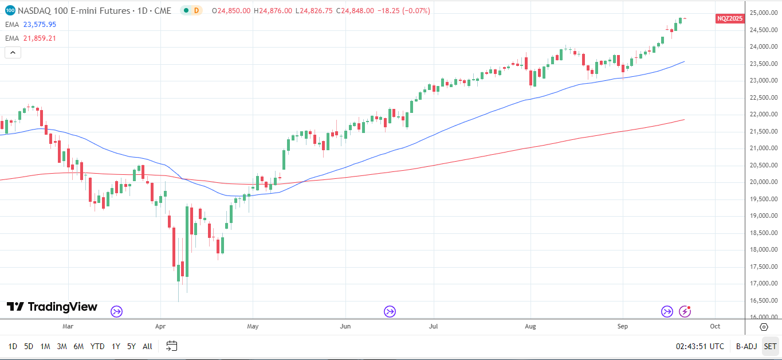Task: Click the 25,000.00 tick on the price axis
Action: (762, 13)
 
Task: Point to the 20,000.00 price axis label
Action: (762, 182)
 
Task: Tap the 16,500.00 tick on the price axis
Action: (762, 300)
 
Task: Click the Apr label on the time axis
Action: (160, 326)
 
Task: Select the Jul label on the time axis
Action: (433, 326)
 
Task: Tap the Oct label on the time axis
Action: (715, 326)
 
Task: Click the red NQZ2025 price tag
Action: (730, 18)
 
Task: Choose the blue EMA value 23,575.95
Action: (40, 25)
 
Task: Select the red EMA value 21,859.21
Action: (40, 38)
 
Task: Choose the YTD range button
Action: (97, 346)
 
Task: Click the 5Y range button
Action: (131, 346)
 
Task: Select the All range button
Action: (147, 346)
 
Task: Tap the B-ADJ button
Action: (746, 346)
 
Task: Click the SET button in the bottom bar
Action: (770, 346)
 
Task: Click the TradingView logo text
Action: (62, 307)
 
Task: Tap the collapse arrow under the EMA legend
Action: (13, 53)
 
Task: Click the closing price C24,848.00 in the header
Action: (355, 11)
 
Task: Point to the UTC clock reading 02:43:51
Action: (699, 346)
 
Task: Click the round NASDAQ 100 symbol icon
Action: (10, 10)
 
